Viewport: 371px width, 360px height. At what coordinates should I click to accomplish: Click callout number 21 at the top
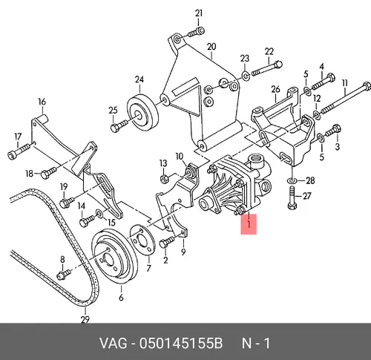click(199, 13)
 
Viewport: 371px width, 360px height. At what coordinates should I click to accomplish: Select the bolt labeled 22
click(267, 68)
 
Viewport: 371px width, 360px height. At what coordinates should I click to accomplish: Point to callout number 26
click(275, 89)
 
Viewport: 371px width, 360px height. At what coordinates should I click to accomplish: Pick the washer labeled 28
click(292, 180)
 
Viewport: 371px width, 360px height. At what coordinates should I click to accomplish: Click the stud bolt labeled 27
click(292, 197)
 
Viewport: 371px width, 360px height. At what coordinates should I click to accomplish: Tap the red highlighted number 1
click(249, 224)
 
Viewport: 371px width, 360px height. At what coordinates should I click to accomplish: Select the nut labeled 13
click(164, 178)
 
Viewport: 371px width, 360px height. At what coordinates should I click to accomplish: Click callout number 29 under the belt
click(85, 320)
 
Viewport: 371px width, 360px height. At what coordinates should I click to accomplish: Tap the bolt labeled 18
click(48, 173)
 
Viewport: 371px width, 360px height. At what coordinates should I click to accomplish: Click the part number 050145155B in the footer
click(181, 344)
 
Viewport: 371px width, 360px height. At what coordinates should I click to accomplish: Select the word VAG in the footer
click(114, 344)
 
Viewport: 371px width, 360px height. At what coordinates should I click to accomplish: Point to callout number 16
click(42, 102)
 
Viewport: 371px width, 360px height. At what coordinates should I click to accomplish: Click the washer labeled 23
click(245, 76)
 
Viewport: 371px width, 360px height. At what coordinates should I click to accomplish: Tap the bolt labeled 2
click(167, 242)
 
